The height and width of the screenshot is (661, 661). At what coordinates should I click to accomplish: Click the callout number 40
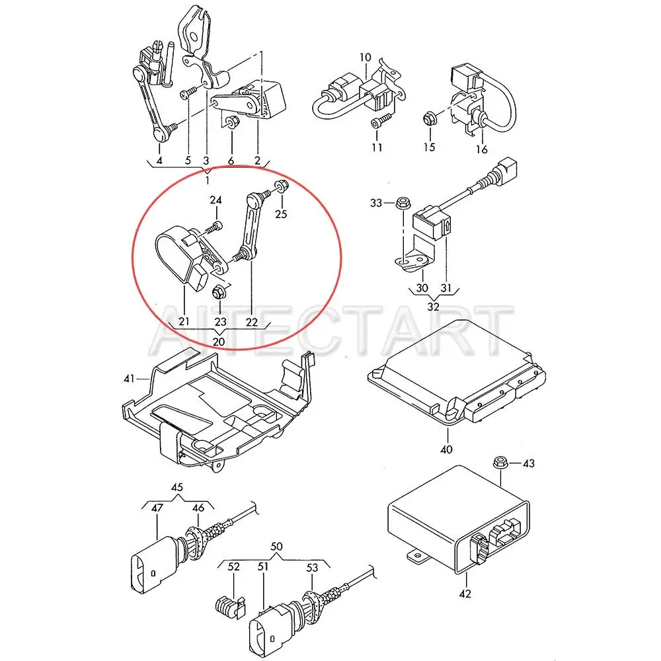tap(446, 450)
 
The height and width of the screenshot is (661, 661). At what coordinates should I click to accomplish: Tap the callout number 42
tap(465, 594)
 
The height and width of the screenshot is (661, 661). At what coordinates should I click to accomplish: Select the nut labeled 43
tap(500, 463)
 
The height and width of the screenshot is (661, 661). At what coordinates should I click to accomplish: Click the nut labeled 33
tap(401, 204)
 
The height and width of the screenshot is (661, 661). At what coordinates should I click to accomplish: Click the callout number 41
tap(129, 379)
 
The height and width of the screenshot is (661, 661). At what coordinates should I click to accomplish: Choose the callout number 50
tap(276, 547)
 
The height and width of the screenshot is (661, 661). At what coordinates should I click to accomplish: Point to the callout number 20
tap(218, 341)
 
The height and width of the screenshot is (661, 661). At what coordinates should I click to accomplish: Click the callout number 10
tap(366, 57)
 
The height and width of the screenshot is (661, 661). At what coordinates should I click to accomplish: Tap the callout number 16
tap(482, 150)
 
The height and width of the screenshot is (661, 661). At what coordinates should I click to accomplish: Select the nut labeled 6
tap(232, 122)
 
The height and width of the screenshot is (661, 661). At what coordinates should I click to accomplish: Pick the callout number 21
tap(183, 321)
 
